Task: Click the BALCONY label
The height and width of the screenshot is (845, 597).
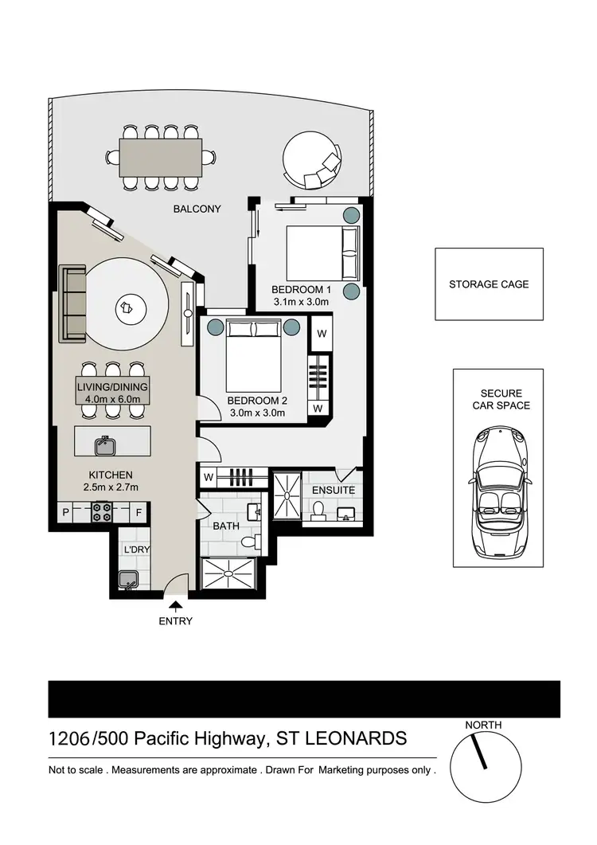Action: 197,209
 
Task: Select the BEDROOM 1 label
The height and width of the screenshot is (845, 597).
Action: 300,288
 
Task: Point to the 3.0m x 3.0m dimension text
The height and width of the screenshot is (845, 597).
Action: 256,413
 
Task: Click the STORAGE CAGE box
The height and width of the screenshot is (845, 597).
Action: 488,284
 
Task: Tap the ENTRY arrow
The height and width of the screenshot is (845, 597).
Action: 175,608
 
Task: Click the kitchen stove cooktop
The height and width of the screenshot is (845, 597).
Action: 102,511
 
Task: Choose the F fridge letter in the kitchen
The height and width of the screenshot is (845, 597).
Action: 139,511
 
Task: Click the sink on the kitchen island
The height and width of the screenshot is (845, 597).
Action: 103,444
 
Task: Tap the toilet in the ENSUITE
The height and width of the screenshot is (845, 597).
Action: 318,511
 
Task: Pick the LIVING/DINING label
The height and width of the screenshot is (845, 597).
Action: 112,387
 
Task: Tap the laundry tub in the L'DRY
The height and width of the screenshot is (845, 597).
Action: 128,581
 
